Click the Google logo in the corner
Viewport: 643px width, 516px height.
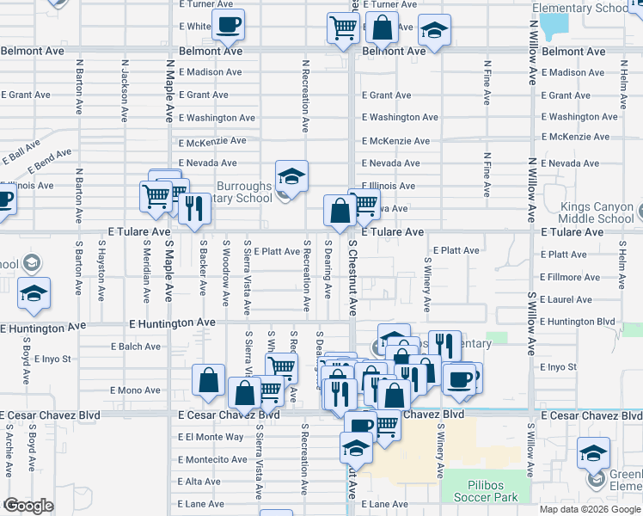tap(28, 506)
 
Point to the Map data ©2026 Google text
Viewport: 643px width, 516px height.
tap(591, 509)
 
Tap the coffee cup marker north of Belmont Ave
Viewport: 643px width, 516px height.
tap(228, 25)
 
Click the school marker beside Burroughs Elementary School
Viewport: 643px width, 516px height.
tap(292, 178)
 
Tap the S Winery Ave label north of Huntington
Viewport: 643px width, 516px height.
tap(427, 285)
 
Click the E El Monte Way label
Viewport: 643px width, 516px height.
tap(211, 437)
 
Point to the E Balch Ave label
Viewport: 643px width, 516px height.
tap(136, 347)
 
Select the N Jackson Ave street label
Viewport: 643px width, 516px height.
tap(125, 89)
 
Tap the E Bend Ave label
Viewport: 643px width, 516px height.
tap(50, 160)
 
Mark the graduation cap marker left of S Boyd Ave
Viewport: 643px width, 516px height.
tap(34, 293)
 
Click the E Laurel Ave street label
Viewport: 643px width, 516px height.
tap(566, 299)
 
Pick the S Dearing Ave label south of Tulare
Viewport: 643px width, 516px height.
tap(328, 269)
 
